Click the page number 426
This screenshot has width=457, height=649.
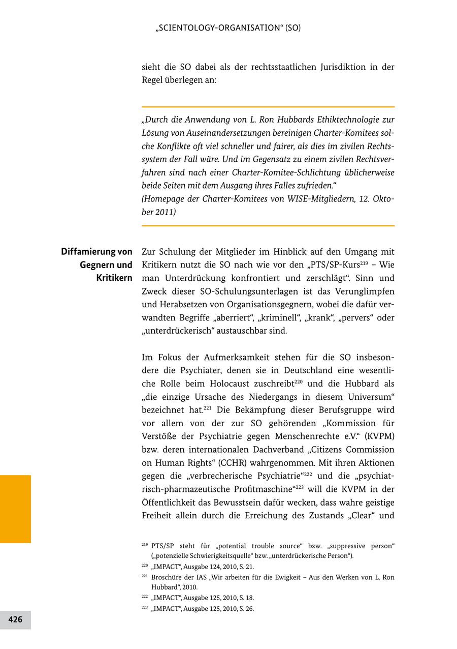pos(15,619)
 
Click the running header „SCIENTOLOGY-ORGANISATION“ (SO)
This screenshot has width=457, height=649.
pos(227,28)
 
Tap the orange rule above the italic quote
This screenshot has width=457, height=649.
pos(268,107)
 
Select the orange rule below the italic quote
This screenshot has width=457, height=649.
pos(268,225)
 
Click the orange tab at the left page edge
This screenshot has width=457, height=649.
pos(15,509)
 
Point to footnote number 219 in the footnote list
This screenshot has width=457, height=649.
pos(145,545)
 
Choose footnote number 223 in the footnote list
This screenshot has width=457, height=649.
pos(145,608)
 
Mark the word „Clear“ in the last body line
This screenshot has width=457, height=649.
pos(361,516)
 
